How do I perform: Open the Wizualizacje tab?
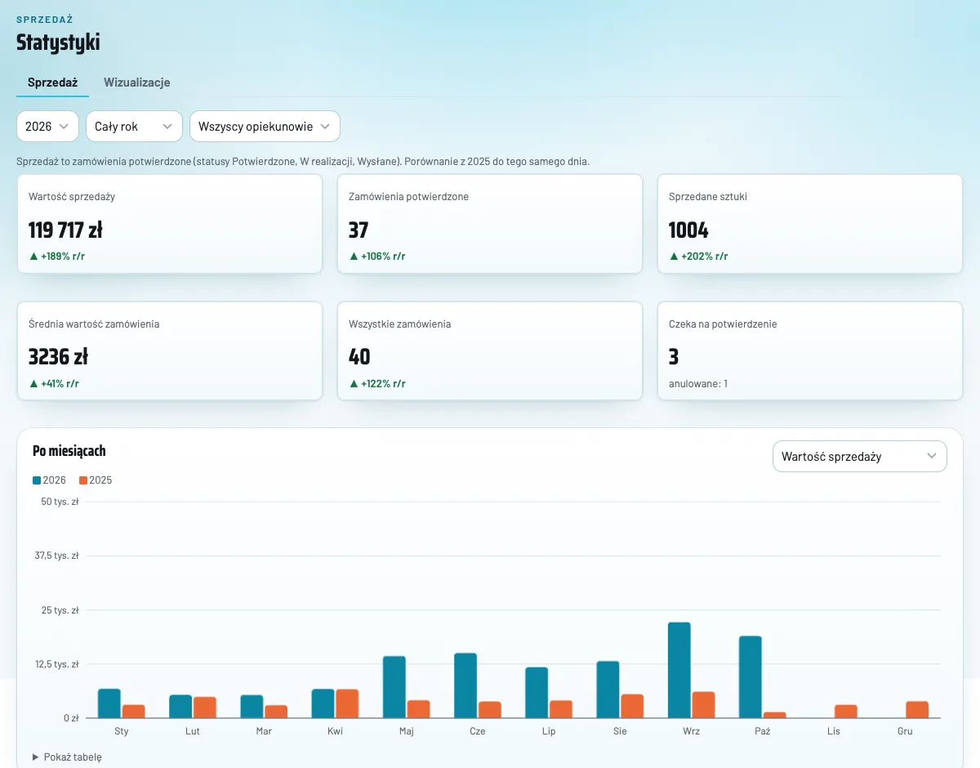point(136,82)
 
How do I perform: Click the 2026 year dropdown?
point(47,127)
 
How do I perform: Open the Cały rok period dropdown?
point(134,127)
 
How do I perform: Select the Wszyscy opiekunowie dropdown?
point(265,127)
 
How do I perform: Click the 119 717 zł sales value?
point(65,230)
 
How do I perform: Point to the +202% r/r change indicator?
point(698,257)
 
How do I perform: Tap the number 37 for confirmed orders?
point(359,230)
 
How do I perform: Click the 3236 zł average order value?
point(58,357)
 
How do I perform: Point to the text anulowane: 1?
point(698,384)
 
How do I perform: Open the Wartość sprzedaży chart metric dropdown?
point(860,457)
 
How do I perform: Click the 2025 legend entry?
point(96,480)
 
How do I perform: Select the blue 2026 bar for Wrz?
point(679,670)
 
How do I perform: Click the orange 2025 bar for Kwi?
point(347,703)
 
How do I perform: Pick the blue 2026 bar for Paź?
point(751,677)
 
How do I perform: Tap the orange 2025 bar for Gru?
point(917,709)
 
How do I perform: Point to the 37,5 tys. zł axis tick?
point(57,556)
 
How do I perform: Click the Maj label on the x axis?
point(407,731)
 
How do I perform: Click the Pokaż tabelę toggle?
point(67,757)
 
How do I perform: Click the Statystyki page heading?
point(58,42)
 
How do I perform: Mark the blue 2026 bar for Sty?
point(109,703)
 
